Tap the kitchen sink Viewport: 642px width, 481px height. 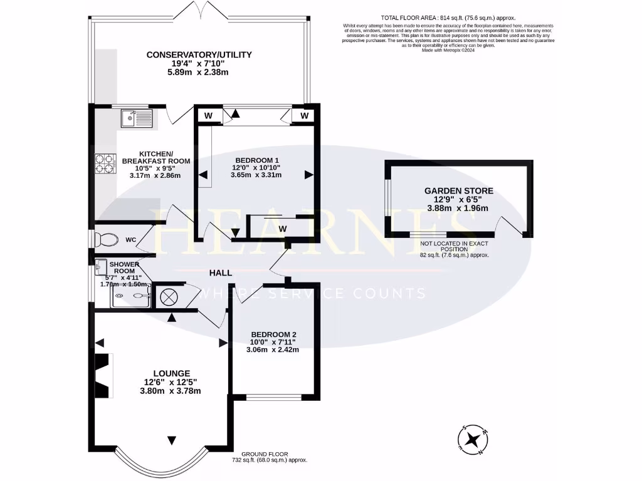(136, 117)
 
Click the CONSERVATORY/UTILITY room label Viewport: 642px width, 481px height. (199, 54)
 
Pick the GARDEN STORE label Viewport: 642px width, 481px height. (458, 191)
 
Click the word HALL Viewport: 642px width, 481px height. (221, 273)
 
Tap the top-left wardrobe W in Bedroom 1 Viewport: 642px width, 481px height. (208, 116)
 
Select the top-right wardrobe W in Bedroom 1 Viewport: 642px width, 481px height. (303, 116)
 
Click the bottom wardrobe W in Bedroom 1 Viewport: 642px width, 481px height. (282, 229)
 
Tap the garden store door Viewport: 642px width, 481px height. (510, 226)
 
